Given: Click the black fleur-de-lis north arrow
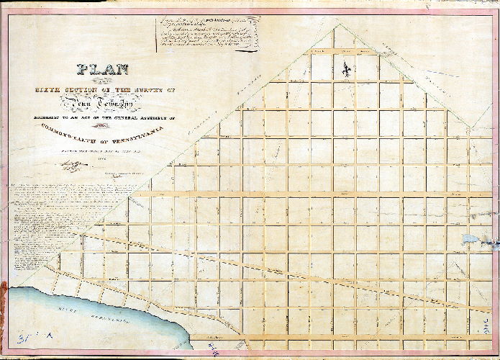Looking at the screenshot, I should (347, 70).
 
